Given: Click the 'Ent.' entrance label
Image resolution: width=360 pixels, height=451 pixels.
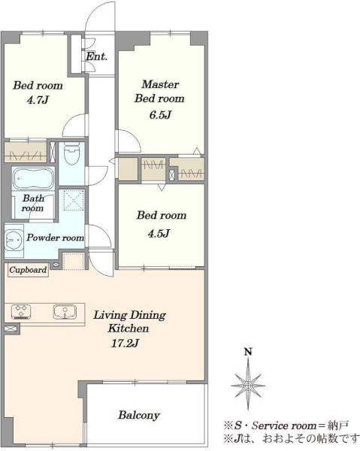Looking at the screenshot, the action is [97, 56].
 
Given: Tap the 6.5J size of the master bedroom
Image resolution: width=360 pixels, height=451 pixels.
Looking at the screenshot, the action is [160, 115].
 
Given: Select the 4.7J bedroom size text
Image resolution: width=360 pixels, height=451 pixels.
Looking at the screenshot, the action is [38, 100].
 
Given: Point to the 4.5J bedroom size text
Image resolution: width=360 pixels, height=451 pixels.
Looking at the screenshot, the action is [159, 233].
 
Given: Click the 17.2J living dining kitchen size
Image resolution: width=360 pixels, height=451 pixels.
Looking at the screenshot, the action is [126, 343].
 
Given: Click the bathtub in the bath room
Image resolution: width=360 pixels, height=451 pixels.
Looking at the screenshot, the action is [33, 179].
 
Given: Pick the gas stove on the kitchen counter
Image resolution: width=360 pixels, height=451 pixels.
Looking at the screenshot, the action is [21, 312].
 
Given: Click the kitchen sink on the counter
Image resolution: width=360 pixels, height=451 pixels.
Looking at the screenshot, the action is [65, 312].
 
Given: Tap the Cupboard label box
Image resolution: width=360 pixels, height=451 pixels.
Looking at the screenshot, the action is [28, 270].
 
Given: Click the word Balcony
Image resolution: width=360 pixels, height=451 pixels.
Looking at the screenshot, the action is [139, 415].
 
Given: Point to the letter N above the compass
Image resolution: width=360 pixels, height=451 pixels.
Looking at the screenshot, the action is [248, 352].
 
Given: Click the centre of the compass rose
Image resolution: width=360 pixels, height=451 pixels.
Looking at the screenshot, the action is [248, 386].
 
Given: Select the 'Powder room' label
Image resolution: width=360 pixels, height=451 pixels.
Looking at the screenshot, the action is [55, 238].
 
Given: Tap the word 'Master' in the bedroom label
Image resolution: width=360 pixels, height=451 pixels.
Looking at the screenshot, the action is [160, 84].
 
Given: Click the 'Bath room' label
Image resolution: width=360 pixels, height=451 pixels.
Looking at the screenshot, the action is [33, 203].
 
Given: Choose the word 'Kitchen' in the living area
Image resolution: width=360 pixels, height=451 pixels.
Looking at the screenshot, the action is [129, 328].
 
